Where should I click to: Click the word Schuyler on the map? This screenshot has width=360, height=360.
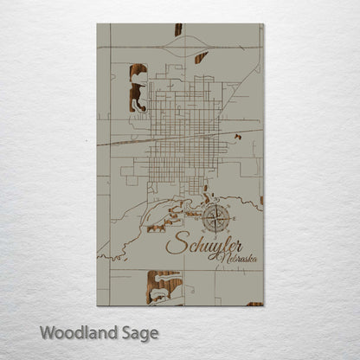coord(204,244)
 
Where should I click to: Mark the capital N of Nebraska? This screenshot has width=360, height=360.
coord(223,257)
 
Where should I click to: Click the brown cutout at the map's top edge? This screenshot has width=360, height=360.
coord(178,29)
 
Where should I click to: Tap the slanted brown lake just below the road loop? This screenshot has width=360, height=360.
coord(201,58)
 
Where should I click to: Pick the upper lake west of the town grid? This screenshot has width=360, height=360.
coord(138,72)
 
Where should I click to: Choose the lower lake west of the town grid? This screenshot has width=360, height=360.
coord(137,98)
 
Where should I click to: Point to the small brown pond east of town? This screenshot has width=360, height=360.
coord(237,136)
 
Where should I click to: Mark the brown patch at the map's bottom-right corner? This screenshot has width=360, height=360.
coord(254,304)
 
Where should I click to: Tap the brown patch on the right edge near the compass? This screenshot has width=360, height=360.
coord(261,201)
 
